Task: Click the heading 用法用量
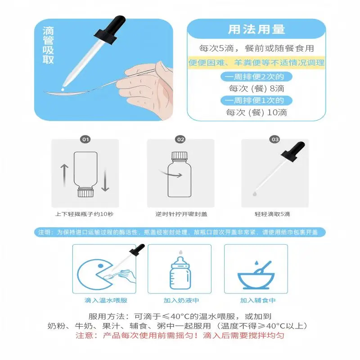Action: (256, 30)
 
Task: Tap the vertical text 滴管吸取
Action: (48, 45)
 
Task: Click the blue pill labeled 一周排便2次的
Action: (256, 76)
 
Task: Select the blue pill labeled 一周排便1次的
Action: (256, 100)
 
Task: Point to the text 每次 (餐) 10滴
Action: (256, 112)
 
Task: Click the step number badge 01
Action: (85, 139)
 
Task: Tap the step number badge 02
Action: (180, 139)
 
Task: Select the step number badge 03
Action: (275, 139)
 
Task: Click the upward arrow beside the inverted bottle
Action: (64, 174)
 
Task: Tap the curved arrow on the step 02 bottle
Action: (171, 173)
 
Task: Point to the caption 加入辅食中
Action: (257, 300)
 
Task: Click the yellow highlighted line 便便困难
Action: (256, 63)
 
